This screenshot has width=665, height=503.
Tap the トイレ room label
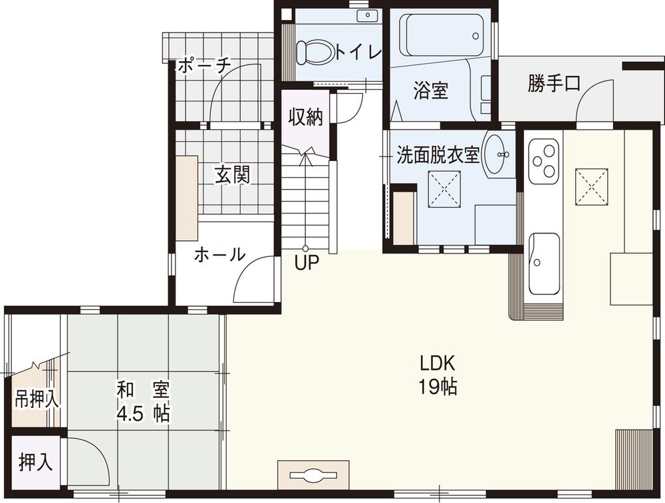click(358, 52)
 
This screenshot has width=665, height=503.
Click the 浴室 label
click(430, 90)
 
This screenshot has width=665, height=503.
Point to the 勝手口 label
click(554, 84)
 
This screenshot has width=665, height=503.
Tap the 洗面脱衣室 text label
click(438, 155)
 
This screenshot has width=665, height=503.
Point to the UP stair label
click(307, 263)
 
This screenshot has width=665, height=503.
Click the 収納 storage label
click(305, 118)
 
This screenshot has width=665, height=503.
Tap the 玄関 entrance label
click(232, 175)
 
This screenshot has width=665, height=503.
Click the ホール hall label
click(219, 255)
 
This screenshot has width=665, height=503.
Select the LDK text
click(437, 363)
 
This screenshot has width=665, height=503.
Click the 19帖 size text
click(437, 387)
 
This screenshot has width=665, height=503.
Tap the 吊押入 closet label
click(37, 400)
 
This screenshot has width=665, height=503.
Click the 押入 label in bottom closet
click(35, 462)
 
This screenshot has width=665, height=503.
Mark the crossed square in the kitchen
click(593, 184)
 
